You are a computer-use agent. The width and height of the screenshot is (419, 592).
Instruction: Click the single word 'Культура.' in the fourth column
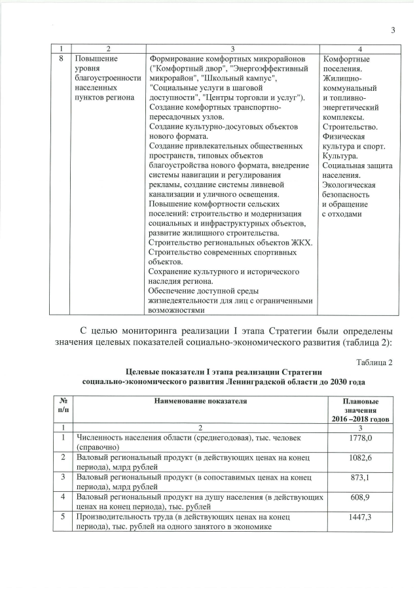340,156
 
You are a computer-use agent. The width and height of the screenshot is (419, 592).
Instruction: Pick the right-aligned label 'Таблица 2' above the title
374,362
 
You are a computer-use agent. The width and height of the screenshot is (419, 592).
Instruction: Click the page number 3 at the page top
393,29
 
